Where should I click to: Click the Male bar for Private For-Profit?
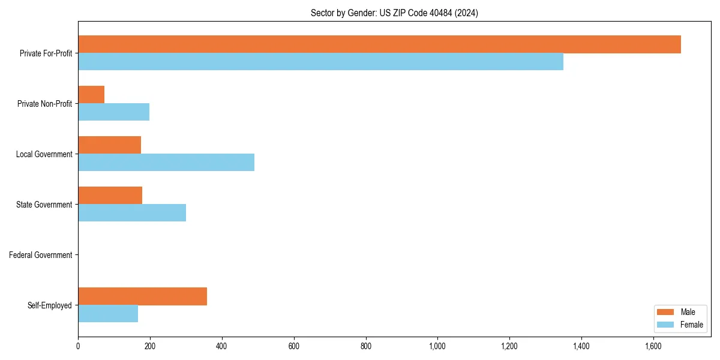pyautogui.click(x=379, y=44)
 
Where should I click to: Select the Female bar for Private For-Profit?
pyautogui.click(x=320, y=62)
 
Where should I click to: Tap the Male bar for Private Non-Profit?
pyautogui.click(x=91, y=95)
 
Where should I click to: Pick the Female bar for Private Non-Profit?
pyautogui.click(x=113, y=112)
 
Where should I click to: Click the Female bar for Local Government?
pyautogui.click(x=166, y=163)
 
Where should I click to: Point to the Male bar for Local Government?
pyautogui.click(x=109, y=145)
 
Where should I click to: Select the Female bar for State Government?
pyautogui.click(x=132, y=213)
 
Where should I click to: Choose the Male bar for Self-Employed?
pyautogui.click(x=142, y=296)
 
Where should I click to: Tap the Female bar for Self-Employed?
pyautogui.click(x=108, y=314)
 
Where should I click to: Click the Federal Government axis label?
pyautogui.click(x=41, y=255)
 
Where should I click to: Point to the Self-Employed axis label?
pyautogui.click(x=50, y=305)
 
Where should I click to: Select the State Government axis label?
pyautogui.click(x=44, y=205)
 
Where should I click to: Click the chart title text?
pyautogui.click(x=394, y=13)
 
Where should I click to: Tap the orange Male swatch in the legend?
pyautogui.click(x=666, y=312)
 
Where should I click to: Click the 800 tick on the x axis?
pyautogui.click(x=365, y=346)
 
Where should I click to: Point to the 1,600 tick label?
pyautogui.click(x=653, y=346)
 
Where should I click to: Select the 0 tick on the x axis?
pyautogui.click(x=78, y=346)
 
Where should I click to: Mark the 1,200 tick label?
pyautogui.click(x=509, y=346)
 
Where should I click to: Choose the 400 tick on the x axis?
pyautogui.click(x=222, y=346)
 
